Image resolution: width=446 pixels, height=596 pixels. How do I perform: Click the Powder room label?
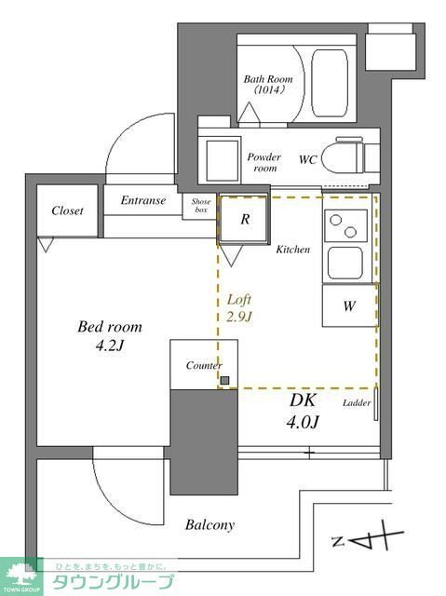tap(264, 163)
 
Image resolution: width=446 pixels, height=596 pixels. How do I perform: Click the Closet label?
tap(67, 210)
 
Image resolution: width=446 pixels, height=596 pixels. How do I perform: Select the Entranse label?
tap(142, 200)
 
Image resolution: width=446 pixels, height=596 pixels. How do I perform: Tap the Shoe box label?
tap(201, 205)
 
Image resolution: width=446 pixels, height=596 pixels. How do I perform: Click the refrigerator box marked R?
tap(244, 220)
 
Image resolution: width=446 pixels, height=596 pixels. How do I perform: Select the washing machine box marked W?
tap(348, 306)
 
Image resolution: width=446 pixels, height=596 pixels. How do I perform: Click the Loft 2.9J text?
tap(241, 308)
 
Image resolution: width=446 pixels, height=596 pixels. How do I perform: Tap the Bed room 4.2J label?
tap(109, 336)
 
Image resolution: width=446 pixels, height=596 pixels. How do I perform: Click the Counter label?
tap(203, 366)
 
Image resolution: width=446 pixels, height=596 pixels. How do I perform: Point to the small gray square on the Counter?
tap(224, 380)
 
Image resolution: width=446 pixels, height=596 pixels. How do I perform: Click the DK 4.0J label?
tap(303, 412)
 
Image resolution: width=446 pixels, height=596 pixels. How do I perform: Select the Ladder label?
tap(357, 403)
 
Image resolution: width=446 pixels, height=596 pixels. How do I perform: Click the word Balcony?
tap(209, 525)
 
